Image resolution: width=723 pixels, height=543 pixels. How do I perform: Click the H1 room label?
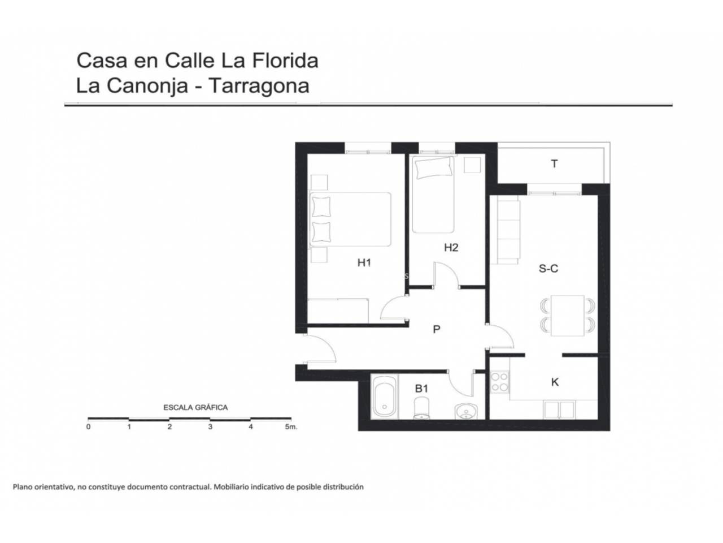point(364,263)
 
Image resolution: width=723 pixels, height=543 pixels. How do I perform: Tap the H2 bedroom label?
point(451,247)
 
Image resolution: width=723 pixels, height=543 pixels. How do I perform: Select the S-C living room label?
point(548,269)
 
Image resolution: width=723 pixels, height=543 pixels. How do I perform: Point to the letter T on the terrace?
point(554,163)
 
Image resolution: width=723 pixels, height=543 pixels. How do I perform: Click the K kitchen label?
point(555,382)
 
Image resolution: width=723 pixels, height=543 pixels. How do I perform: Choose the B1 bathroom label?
point(421,389)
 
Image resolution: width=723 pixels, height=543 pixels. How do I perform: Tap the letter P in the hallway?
point(437,329)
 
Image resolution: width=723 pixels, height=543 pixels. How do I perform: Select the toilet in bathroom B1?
point(421,408)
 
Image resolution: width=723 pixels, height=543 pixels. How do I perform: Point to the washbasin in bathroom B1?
point(466,411)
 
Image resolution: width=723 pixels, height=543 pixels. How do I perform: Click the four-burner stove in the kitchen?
point(499,382)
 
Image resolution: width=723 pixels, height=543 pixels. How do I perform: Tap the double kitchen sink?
point(559,410)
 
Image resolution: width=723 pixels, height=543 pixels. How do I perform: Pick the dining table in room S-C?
point(568,316)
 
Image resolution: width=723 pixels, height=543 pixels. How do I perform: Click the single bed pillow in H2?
point(434,168)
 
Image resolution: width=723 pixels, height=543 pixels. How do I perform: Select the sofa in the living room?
point(506,230)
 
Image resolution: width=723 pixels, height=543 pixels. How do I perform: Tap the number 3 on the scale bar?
point(210,426)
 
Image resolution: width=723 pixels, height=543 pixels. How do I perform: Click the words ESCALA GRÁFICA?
point(195,407)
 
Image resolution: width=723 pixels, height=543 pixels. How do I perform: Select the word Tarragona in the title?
point(259,86)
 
